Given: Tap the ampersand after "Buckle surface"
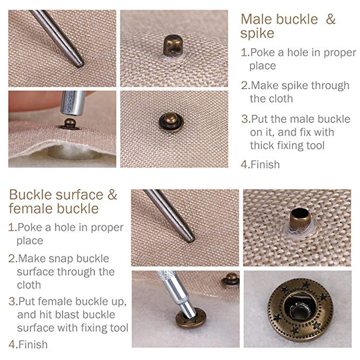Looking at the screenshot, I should pyautogui.click(x=111, y=195).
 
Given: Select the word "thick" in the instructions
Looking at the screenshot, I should pyautogui.click(x=265, y=146).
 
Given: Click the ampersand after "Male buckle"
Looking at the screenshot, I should pyautogui.click(x=330, y=19).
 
